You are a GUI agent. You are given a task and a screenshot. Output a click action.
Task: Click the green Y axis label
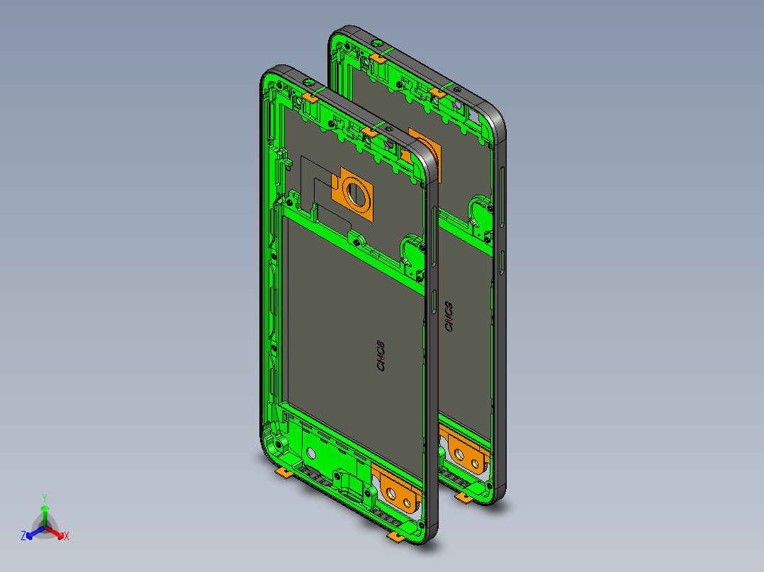tap(44, 498)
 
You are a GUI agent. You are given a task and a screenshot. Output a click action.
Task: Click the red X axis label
tap(67, 537)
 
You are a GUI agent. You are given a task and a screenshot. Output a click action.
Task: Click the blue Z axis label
tap(23, 537)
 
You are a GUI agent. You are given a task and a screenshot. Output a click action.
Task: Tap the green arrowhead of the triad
tap(44, 509)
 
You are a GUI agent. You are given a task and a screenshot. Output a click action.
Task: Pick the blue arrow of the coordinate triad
tap(33, 532)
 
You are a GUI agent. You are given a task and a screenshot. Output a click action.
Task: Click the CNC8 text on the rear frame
tap(448, 318)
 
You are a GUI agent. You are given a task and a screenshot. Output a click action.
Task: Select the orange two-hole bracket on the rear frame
tap(464, 452)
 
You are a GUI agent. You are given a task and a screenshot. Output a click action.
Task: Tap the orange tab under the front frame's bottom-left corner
tap(284, 472)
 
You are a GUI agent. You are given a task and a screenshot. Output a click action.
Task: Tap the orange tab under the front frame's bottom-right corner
tap(396, 539)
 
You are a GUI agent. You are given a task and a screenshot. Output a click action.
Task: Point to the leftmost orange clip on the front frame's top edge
tap(310, 96)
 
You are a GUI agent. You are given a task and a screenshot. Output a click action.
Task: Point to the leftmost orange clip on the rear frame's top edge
tap(377, 57)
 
